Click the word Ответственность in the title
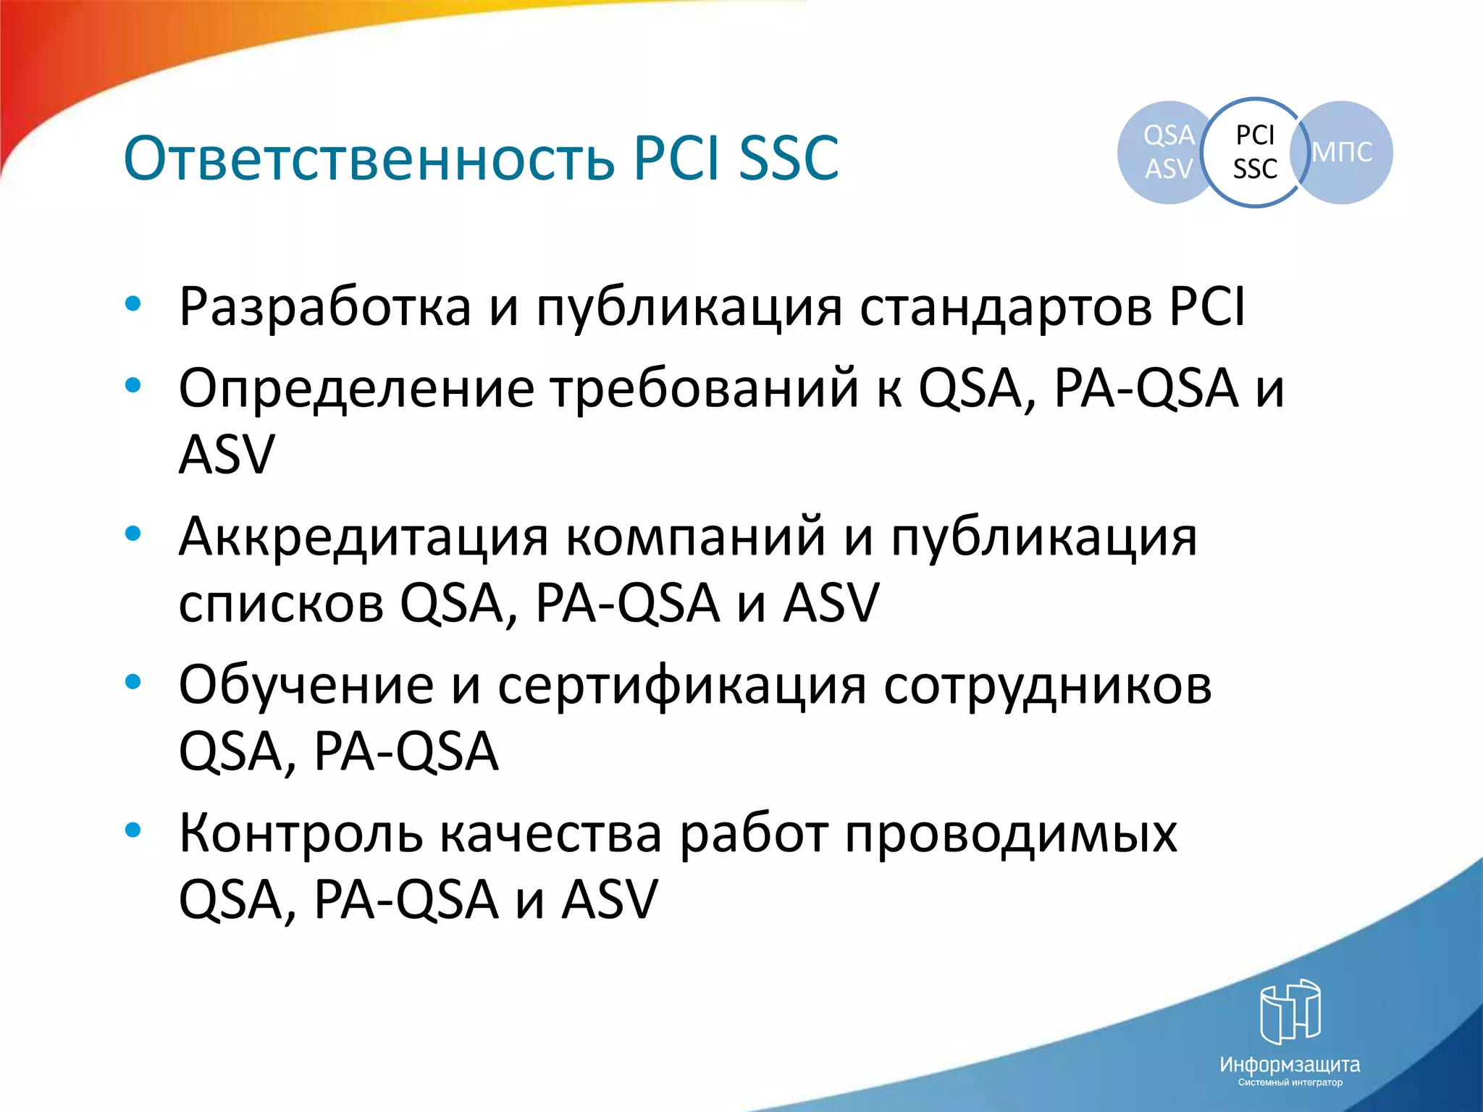[369, 158]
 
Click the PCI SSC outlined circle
[1255, 152]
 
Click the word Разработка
[325, 308]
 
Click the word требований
[705, 389]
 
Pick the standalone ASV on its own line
[227, 455]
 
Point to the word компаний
[695, 537]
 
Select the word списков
[281, 604]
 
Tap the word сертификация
[681, 686]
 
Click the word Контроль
[301, 834]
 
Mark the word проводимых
[1011, 834]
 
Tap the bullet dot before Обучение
[133, 682]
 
